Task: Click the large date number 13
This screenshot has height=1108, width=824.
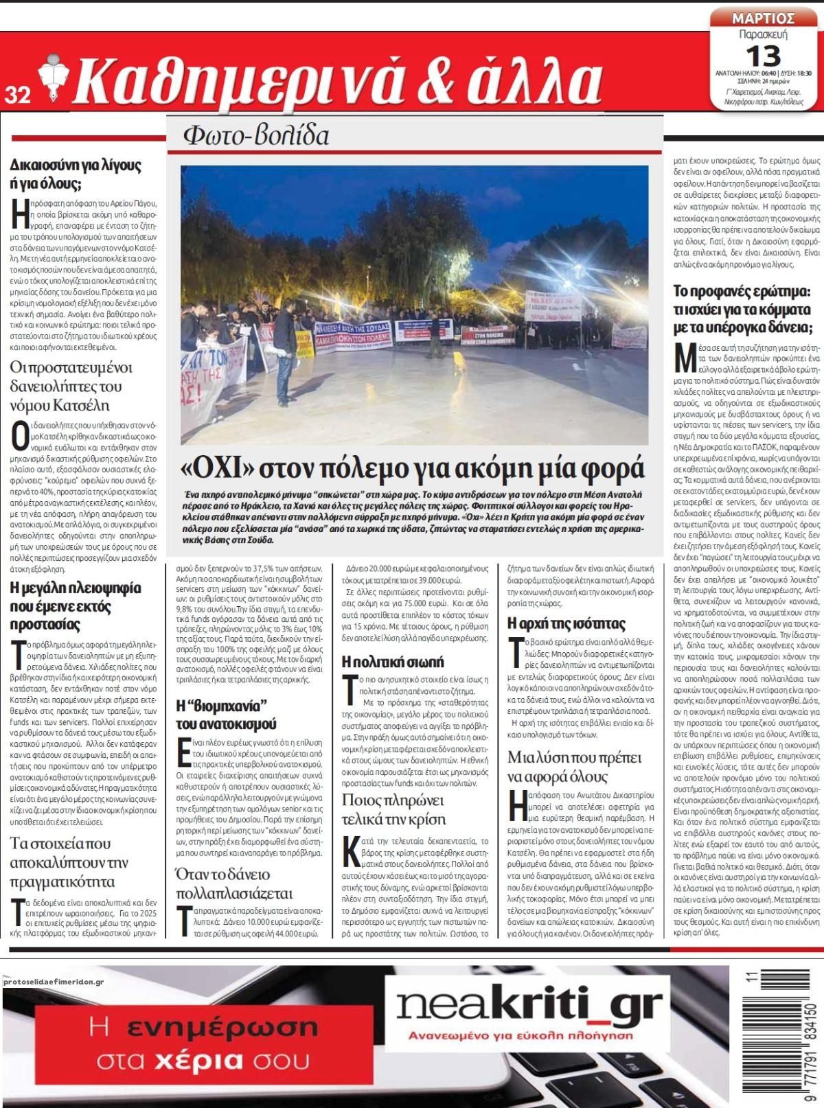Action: (762, 54)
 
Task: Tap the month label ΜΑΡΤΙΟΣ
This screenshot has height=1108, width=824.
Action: (763, 18)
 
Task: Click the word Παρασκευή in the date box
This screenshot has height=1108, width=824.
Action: (763, 34)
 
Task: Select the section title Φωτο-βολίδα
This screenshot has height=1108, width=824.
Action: (255, 135)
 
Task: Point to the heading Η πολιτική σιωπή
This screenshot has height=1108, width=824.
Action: (393, 662)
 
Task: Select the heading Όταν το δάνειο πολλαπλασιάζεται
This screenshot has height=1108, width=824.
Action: (233, 884)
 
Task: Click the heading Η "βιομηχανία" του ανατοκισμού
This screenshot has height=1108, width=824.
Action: (226, 719)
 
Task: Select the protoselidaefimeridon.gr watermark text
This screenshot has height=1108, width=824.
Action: (52, 982)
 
